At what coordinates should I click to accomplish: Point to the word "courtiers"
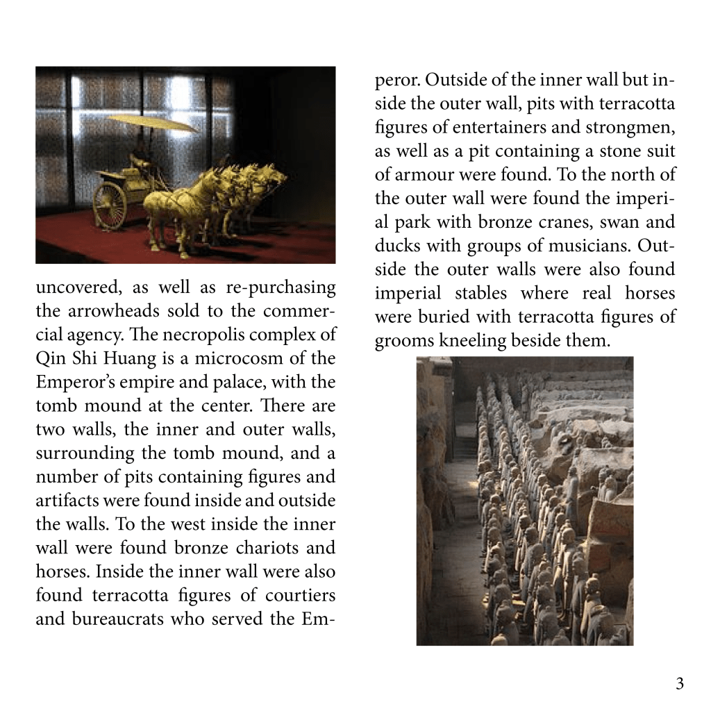pos(303,594)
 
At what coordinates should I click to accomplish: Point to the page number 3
pos(680,684)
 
